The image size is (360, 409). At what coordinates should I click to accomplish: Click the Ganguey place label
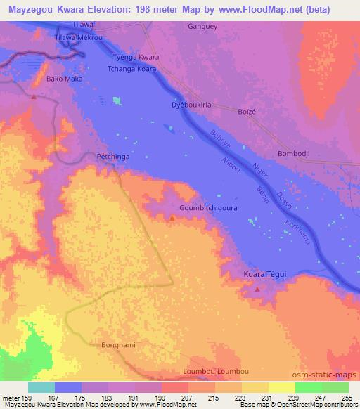click(x=203, y=27)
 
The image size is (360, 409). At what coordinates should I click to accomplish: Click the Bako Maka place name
click(x=64, y=79)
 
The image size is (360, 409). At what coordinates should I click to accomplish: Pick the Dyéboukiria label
click(x=191, y=105)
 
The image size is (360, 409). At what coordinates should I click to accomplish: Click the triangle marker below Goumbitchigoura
click(x=172, y=219)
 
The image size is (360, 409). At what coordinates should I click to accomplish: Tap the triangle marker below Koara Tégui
click(x=257, y=289)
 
